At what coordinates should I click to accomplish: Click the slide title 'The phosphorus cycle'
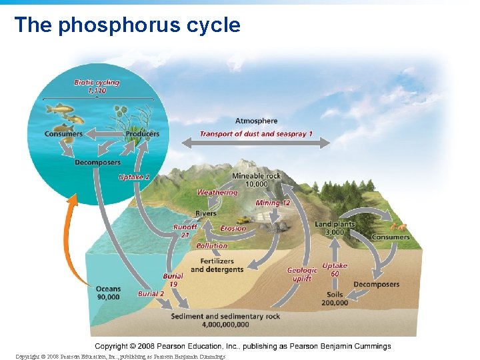tap(127, 25)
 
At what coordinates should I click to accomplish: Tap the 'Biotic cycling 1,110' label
tap(97, 86)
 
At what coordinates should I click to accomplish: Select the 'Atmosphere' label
tap(256, 121)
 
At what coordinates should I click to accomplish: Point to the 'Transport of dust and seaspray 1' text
tap(257, 134)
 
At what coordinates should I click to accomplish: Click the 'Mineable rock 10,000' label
tap(256, 180)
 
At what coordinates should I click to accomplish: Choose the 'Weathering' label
tap(217, 193)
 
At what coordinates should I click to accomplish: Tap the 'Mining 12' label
tap(273, 203)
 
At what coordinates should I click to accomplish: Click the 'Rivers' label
tap(205, 213)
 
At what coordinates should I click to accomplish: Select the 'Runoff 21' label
tap(185, 231)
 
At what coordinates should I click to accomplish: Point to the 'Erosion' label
tap(233, 229)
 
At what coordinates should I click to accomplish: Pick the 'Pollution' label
tap(212, 246)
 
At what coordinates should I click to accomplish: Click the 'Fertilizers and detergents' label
tap(217, 265)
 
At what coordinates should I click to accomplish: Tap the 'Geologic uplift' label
tap(302, 275)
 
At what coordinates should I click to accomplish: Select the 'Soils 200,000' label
tap(334, 298)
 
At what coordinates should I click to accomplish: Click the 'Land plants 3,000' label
tap(335, 228)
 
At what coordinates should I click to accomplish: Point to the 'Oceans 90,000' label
tap(108, 293)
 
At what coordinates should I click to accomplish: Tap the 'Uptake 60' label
tap(335, 269)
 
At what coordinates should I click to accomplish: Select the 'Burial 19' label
tap(173, 280)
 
